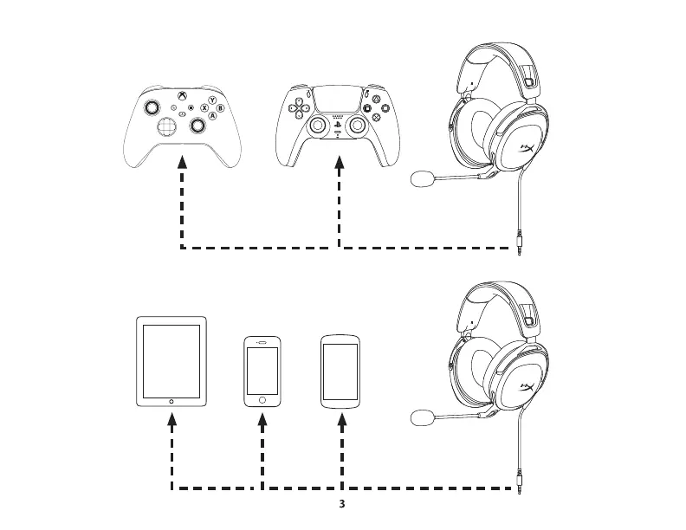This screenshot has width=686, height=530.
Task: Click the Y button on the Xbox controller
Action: pos(211,100)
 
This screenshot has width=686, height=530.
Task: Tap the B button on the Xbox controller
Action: pos(220,108)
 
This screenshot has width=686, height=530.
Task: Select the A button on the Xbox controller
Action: pos(211,117)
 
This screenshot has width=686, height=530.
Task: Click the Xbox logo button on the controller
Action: pos(182,96)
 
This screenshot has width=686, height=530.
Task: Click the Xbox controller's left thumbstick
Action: pos(152,107)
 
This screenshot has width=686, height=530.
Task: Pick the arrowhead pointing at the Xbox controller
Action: pos(183,162)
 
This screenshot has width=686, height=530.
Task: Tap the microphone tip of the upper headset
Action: pos(422,179)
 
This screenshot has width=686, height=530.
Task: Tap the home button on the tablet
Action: pos(172,401)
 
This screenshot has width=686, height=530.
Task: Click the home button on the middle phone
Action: pos(262,400)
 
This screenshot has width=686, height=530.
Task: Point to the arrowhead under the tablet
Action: pos(172,422)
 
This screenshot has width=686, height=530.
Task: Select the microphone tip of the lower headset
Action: pos(422,418)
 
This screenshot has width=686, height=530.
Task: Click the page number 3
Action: pos(342,503)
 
